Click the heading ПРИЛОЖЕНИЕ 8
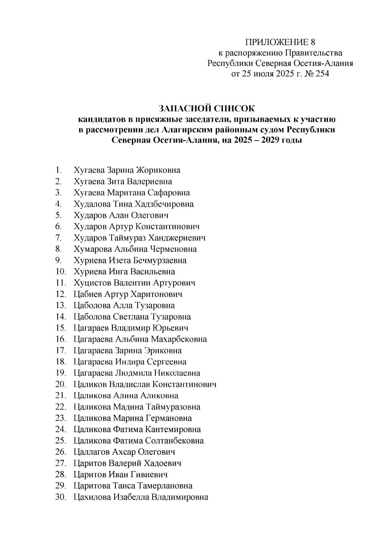[x=280, y=42]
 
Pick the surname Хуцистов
[x=93, y=283]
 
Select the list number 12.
[x=60, y=294]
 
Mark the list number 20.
[x=60, y=384]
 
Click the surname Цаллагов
[x=91, y=452]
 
